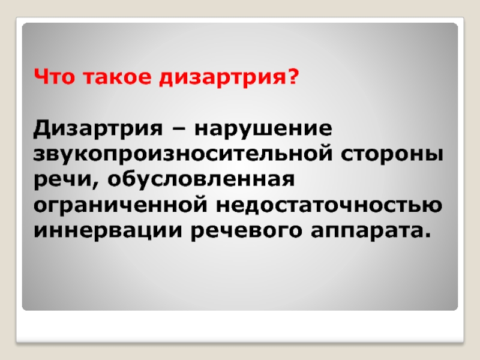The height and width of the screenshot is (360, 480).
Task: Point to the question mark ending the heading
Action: (x=293, y=77)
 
